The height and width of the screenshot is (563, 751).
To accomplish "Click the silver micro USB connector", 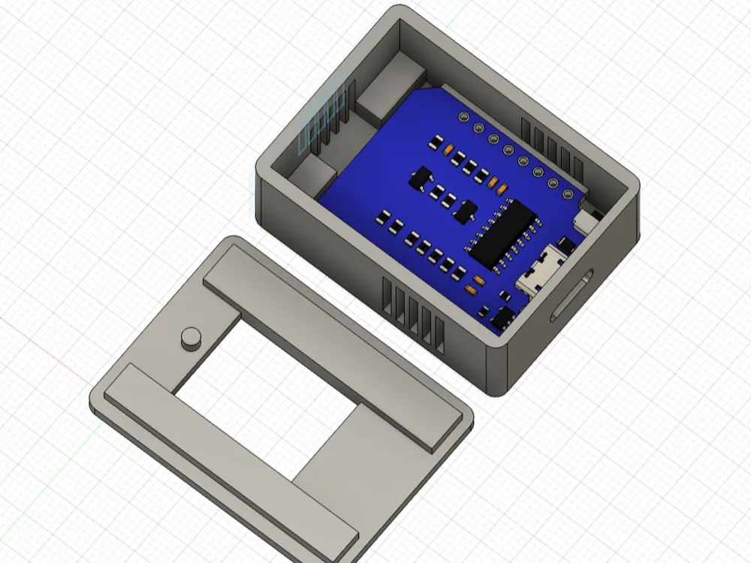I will [x=543, y=279].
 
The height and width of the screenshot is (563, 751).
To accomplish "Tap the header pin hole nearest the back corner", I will [x=464, y=118].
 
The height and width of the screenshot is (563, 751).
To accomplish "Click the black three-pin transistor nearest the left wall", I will [x=420, y=180].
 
